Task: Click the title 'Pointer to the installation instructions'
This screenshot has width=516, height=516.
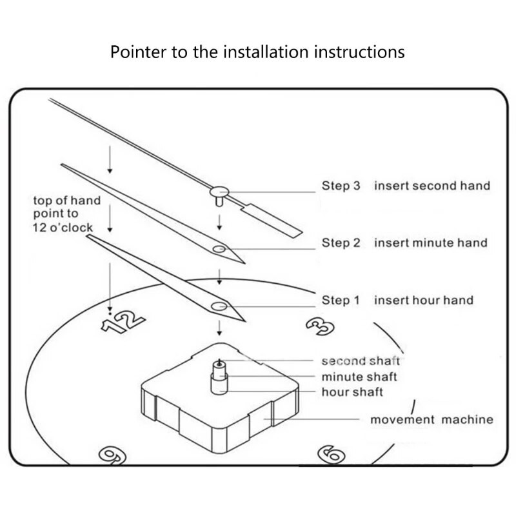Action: pos(257,52)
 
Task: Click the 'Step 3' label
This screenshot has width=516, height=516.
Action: pos(341,186)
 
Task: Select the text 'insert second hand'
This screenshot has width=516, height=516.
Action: pos(432,186)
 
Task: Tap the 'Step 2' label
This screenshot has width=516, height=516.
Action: pos(341,243)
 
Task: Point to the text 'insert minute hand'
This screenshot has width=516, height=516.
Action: pos(431,243)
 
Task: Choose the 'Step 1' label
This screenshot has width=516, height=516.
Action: pos(341,300)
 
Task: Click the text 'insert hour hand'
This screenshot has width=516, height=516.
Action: pos(424,300)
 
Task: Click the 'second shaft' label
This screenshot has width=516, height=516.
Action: pos(361,361)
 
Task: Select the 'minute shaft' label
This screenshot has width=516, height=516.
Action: pos(359,377)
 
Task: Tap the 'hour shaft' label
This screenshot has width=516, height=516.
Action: pos(352,392)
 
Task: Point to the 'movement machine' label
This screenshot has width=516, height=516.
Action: pos(432,420)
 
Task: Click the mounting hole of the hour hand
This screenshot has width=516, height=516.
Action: pos(219,306)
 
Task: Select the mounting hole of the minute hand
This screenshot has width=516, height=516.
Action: pos(219,249)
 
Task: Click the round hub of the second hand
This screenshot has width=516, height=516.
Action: pos(219,190)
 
